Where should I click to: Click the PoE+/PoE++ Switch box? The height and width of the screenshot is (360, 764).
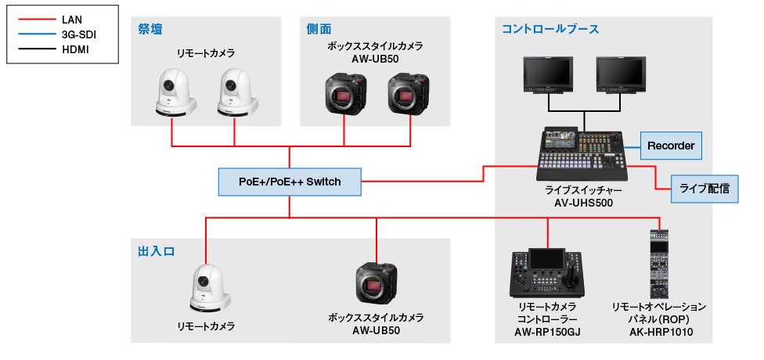coord(290,182)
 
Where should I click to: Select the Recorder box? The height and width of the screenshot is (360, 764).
coord(671,146)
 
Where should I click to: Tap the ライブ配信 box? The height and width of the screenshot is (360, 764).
coord(705,189)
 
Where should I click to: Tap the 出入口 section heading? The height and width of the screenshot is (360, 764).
coord(154,252)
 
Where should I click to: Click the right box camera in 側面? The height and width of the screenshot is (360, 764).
coord(409,94)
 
